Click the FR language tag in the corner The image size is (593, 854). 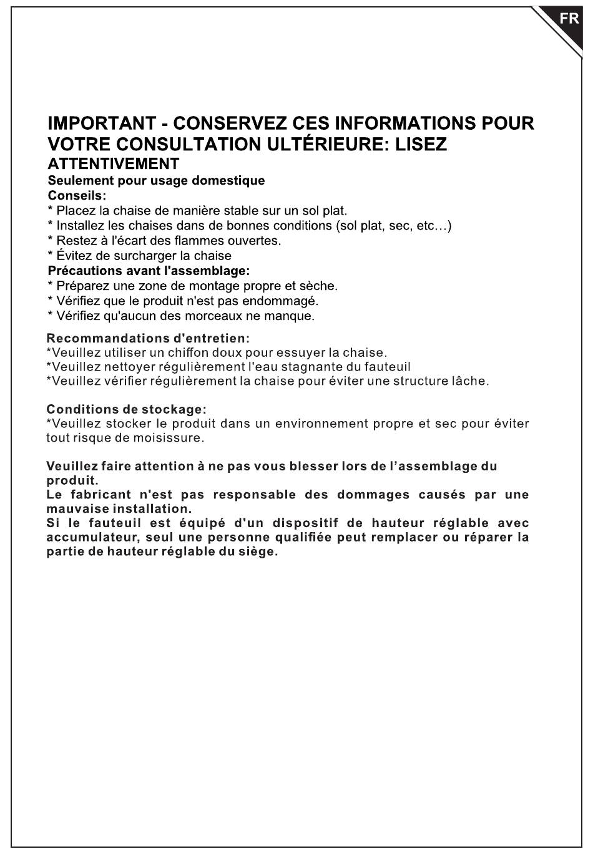coord(569,19)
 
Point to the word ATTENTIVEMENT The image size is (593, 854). coord(114,164)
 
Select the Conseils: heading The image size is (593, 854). coord(77,196)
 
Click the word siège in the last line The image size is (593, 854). coord(259,552)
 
